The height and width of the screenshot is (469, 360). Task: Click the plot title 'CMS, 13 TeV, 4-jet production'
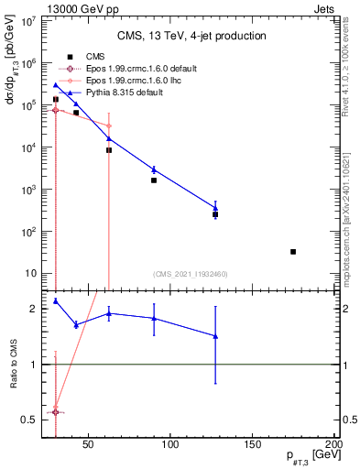click(191, 36)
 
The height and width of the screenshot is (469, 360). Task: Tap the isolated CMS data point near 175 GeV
click(293, 251)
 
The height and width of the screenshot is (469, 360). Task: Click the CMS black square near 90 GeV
click(154, 180)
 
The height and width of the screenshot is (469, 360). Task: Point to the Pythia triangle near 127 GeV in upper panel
click(215, 208)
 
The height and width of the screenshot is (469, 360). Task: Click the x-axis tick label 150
click(253, 445)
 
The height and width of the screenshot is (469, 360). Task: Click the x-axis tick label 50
click(89, 445)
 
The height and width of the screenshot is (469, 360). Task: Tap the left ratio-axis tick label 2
click(34, 309)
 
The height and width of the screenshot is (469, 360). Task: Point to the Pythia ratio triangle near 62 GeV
click(109, 313)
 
